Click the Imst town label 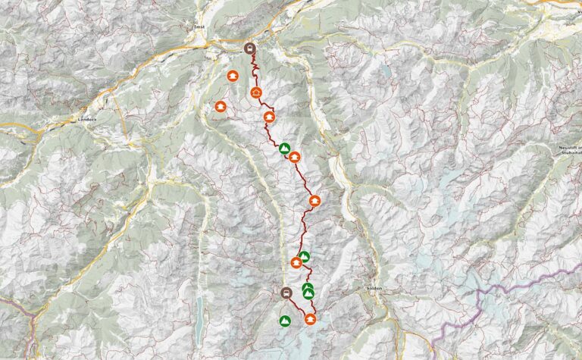click(200, 27)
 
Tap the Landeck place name click(88, 121)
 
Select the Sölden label click(373, 290)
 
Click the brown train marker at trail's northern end click(250, 48)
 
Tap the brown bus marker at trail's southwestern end click(286, 293)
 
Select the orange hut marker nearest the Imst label click(233, 76)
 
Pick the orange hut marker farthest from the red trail click(221, 107)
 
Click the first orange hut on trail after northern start click(256, 92)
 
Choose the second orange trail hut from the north click(269, 117)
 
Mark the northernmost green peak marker click(284, 148)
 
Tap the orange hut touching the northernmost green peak click(294, 157)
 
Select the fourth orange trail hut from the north click(314, 201)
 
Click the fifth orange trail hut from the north click(296, 263)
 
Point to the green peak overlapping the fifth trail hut click(304, 256)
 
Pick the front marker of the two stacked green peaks click(308, 293)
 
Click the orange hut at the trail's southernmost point click(310, 319)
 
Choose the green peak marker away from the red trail click(284, 321)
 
